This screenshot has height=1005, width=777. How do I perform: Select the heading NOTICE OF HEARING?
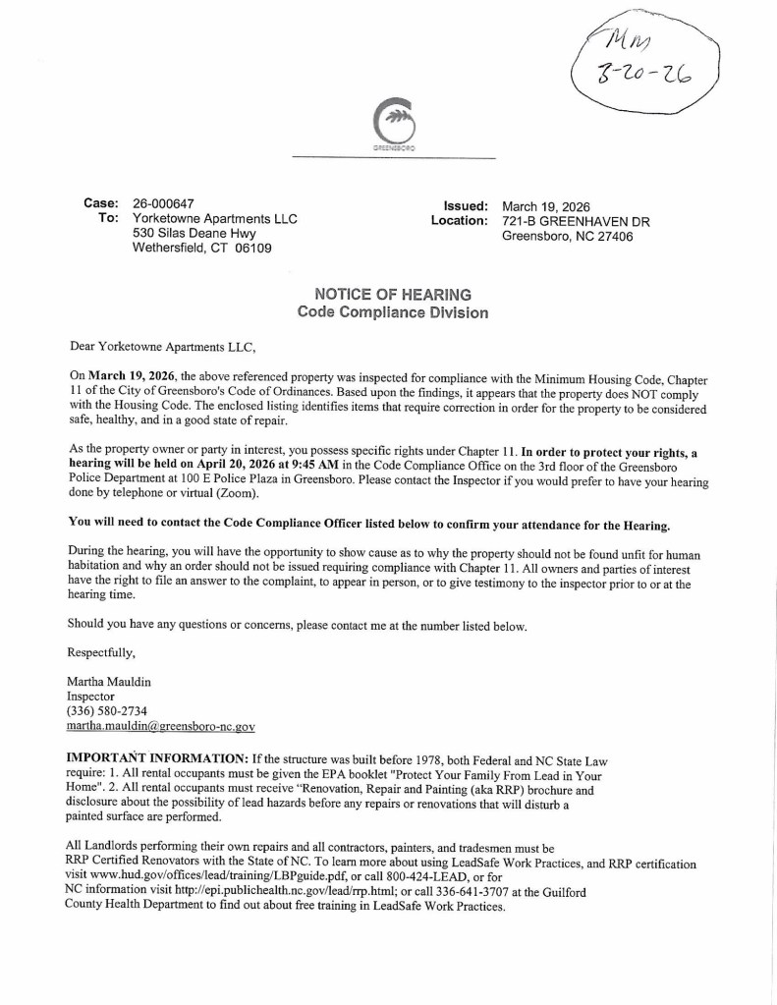(x=392, y=294)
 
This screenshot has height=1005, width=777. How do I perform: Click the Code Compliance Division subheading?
(x=392, y=311)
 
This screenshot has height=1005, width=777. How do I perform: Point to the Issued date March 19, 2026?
(x=546, y=206)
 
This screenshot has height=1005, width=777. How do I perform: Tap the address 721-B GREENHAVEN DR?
(x=576, y=221)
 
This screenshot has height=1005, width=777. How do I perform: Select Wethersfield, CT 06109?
(x=201, y=249)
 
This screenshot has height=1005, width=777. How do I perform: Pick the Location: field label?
(x=459, y=221)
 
